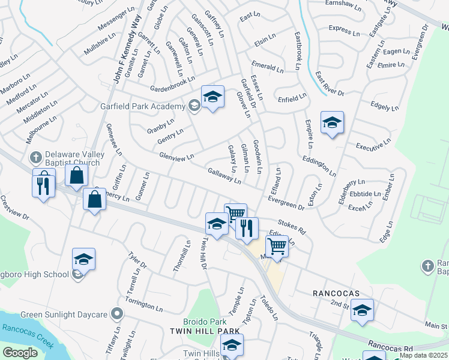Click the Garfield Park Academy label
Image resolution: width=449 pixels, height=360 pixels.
click(x=142, y=106)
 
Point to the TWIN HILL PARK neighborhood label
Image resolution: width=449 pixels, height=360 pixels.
click(x=205, y=331)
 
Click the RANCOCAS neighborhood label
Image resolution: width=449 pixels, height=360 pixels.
click(x=336, y=293)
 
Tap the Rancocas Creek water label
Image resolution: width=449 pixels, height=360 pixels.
click(x=28, y=337)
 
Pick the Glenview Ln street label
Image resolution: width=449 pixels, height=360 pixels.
click(x=176, y=157)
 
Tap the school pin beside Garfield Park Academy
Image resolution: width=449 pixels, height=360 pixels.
click(x=212, y=97)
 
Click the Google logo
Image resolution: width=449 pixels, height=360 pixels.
click(x=20, y=352)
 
